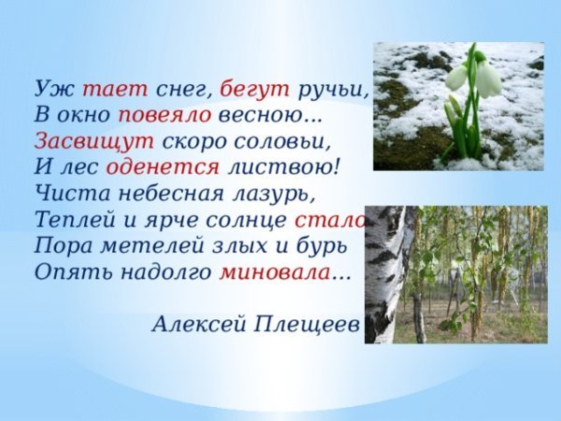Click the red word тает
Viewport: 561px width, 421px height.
[x=115, y=89]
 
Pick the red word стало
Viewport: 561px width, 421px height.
[x=329, y=221]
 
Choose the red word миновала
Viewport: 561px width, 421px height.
[x=275, y=273]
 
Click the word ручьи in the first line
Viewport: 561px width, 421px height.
[x=333, y=90]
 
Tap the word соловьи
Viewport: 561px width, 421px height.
[x=284, y=142]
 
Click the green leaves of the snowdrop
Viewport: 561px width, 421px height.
[x=458, y=131]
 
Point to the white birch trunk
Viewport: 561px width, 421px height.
[x=385, y=271]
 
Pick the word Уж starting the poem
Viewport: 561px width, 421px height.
[x=49, y=90]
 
